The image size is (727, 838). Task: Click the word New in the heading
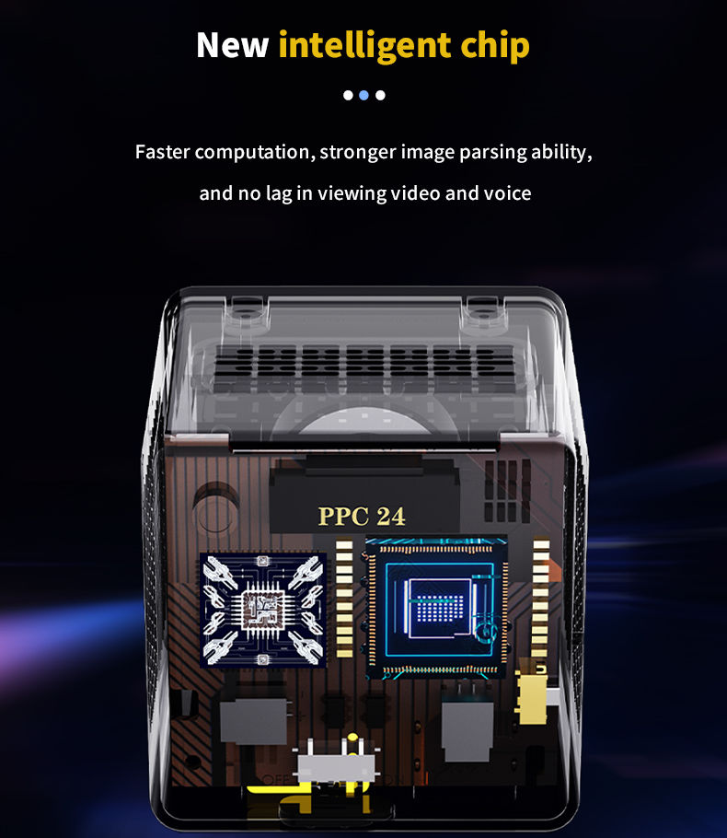point(232,45)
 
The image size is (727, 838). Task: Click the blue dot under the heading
point(363,95)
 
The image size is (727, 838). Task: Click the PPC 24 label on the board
point(362,517)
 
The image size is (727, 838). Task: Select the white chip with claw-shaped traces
point(263,610)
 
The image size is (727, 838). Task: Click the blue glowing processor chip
point(437,608)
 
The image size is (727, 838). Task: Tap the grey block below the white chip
point(254,721)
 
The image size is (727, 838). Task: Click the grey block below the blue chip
point(467,730)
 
